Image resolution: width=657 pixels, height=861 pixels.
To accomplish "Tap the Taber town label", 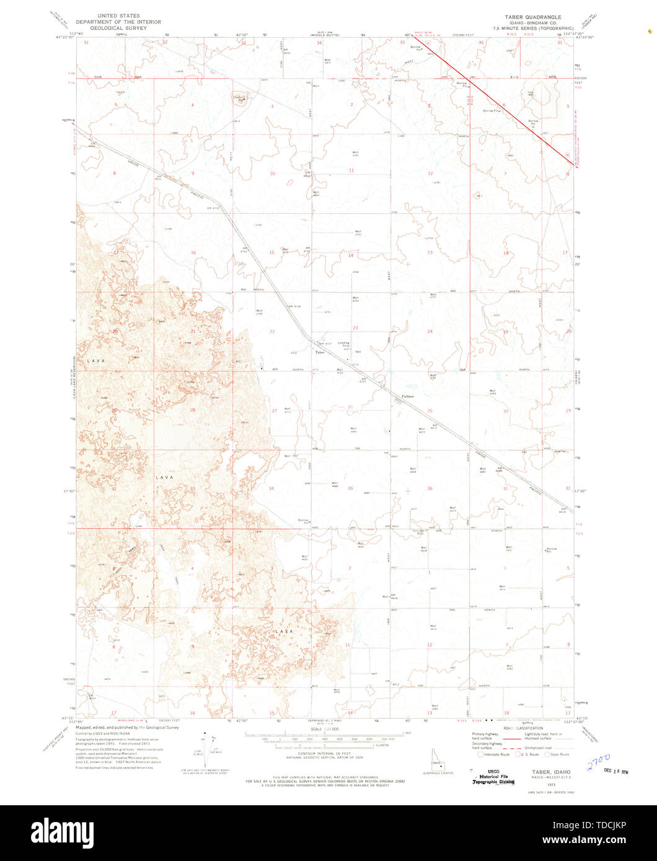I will coord(320,352).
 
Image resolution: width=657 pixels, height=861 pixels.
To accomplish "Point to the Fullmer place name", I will coord(407,396).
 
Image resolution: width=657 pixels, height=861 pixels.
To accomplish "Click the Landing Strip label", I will coord(343,345).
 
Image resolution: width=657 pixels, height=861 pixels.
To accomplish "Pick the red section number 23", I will coord(355,328).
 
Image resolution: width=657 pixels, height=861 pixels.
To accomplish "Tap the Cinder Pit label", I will coord(239,98).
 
